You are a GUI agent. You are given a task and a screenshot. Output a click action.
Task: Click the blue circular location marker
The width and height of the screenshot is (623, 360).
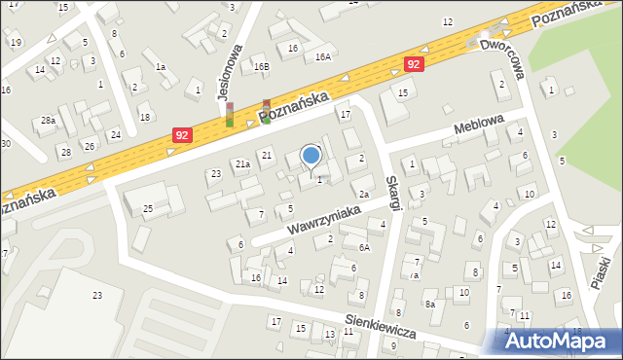tap(311, 155)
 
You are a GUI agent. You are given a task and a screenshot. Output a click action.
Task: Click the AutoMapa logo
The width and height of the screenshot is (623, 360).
tap(561, 342)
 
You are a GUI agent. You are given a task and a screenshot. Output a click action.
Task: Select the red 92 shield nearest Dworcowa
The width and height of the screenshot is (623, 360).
tap(415, 63)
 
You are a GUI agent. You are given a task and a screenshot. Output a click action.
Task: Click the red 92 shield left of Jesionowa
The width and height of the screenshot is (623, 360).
tap(181, 136)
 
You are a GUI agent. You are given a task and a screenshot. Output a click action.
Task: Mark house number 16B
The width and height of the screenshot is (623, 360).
tap(260, 66)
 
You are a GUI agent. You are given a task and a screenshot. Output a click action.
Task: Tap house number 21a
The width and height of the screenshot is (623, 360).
tap(242, 164)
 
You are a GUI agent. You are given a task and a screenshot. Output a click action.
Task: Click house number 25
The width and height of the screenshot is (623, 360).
tap(148, 208)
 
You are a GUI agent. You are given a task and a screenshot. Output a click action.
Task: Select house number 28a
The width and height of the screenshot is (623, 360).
tap(48, 121)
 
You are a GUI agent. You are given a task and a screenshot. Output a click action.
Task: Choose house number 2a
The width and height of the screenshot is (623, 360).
tap(362, 195)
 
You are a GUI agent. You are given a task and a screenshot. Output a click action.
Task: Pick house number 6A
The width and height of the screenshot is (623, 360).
tap(363, 247)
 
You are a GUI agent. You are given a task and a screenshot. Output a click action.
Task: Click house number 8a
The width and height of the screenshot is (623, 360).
tap(429, 304)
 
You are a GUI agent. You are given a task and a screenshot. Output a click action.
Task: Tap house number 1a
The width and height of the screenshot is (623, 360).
tap(161, 67)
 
